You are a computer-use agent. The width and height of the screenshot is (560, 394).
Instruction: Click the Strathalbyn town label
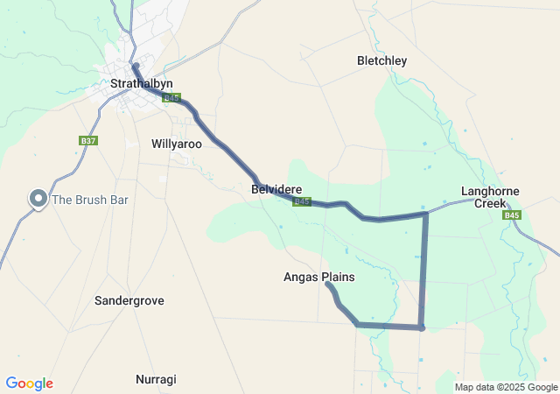point(142,83)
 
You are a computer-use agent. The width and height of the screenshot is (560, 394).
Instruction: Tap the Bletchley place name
point(382,61)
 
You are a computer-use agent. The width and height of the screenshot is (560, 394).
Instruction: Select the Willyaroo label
point(177,143)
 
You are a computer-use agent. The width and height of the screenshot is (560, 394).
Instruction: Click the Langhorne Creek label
point(491,197)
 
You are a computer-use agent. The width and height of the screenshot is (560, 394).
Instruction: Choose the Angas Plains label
point(319,278)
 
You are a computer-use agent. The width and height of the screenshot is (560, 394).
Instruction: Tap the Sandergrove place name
point(129,300)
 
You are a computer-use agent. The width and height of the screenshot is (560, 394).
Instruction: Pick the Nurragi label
point(156,379)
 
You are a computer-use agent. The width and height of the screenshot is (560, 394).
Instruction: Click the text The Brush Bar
point(90,200)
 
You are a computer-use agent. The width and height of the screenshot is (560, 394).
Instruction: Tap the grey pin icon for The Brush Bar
point(38,200)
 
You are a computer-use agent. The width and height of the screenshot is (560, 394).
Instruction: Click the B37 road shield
point(87,140)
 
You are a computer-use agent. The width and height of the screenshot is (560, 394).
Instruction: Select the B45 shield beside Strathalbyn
point(171,98)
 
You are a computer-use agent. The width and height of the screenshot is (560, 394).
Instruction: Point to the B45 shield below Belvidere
point(302,201)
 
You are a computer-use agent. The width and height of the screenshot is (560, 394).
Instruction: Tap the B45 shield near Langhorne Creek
point(513,215)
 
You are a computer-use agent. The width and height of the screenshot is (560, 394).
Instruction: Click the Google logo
point(30,383)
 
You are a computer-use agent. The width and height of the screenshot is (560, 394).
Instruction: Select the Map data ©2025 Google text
point(505,387)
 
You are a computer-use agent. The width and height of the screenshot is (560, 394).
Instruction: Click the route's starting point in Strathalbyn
point(135,66)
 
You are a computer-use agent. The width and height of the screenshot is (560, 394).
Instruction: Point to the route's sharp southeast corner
point(422,328)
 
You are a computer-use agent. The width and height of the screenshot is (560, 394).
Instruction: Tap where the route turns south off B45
point(425,213)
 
